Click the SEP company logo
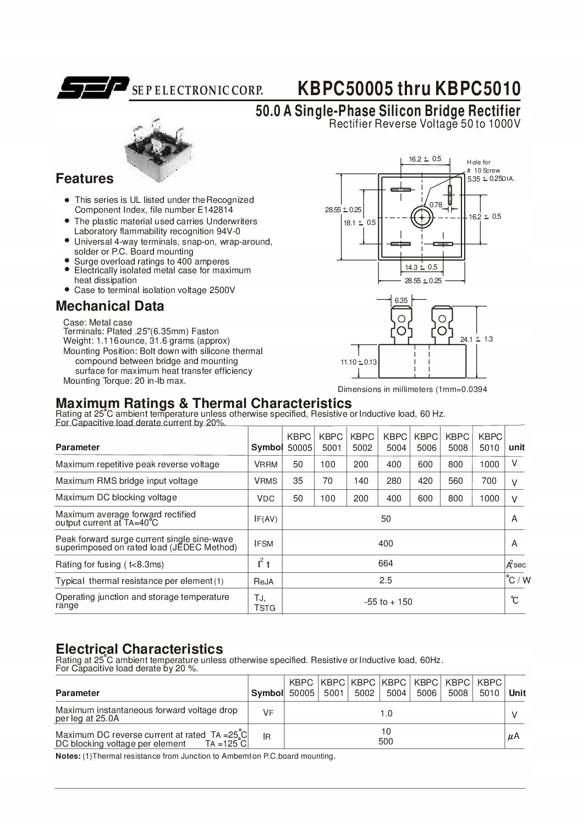(x=93, y=87)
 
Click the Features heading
(x=85, y=179)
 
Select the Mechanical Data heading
(x=110, y=306)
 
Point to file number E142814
(x=215, y=209)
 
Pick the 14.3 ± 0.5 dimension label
(x=421, y=267)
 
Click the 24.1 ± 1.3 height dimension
(x=476, y=339)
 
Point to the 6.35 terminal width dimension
(x=401, y=300)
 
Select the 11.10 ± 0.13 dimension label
(x=359, y=362)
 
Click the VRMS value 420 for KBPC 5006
(x=426, y=481)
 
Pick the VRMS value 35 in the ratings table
(x=298, y=481)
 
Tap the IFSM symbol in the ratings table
(x=263, y=544)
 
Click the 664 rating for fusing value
(x=386, y=564)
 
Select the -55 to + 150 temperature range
(x=388, y=602)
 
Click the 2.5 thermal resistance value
(x=386, y=581)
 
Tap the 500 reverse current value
(x=386, y=742)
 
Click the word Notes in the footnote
(x=68, y=756)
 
